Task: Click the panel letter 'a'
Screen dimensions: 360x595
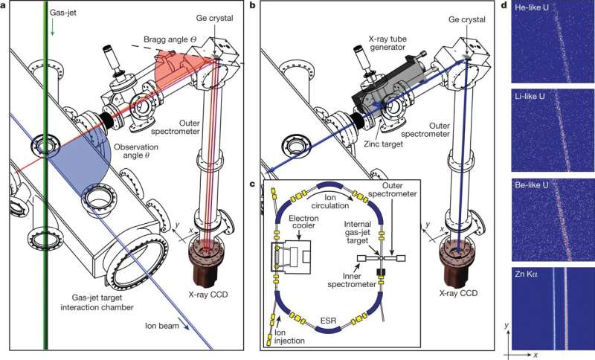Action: coord(4,7)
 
